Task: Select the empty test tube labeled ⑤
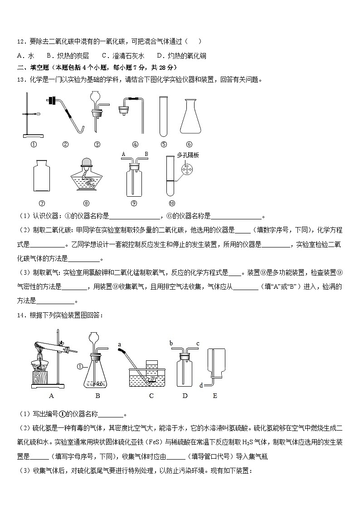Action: (164, 116)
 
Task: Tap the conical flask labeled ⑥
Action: (190, 117)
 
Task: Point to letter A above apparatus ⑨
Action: (123, 155)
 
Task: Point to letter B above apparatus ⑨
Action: (146, 155)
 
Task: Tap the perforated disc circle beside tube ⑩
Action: (186, 169)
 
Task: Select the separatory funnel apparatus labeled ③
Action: (97, 111)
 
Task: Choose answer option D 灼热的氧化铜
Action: (181, 56)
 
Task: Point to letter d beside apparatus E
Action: (201, 385)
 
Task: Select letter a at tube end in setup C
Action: (120, 344)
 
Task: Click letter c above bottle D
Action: (198, 344)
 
